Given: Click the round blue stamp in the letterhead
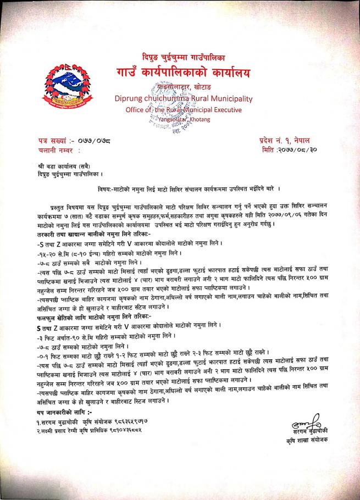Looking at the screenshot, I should pyautogui.click(x=165, y=104).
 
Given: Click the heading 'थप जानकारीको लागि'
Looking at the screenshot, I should pyautogui.click(x=62, y=412).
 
